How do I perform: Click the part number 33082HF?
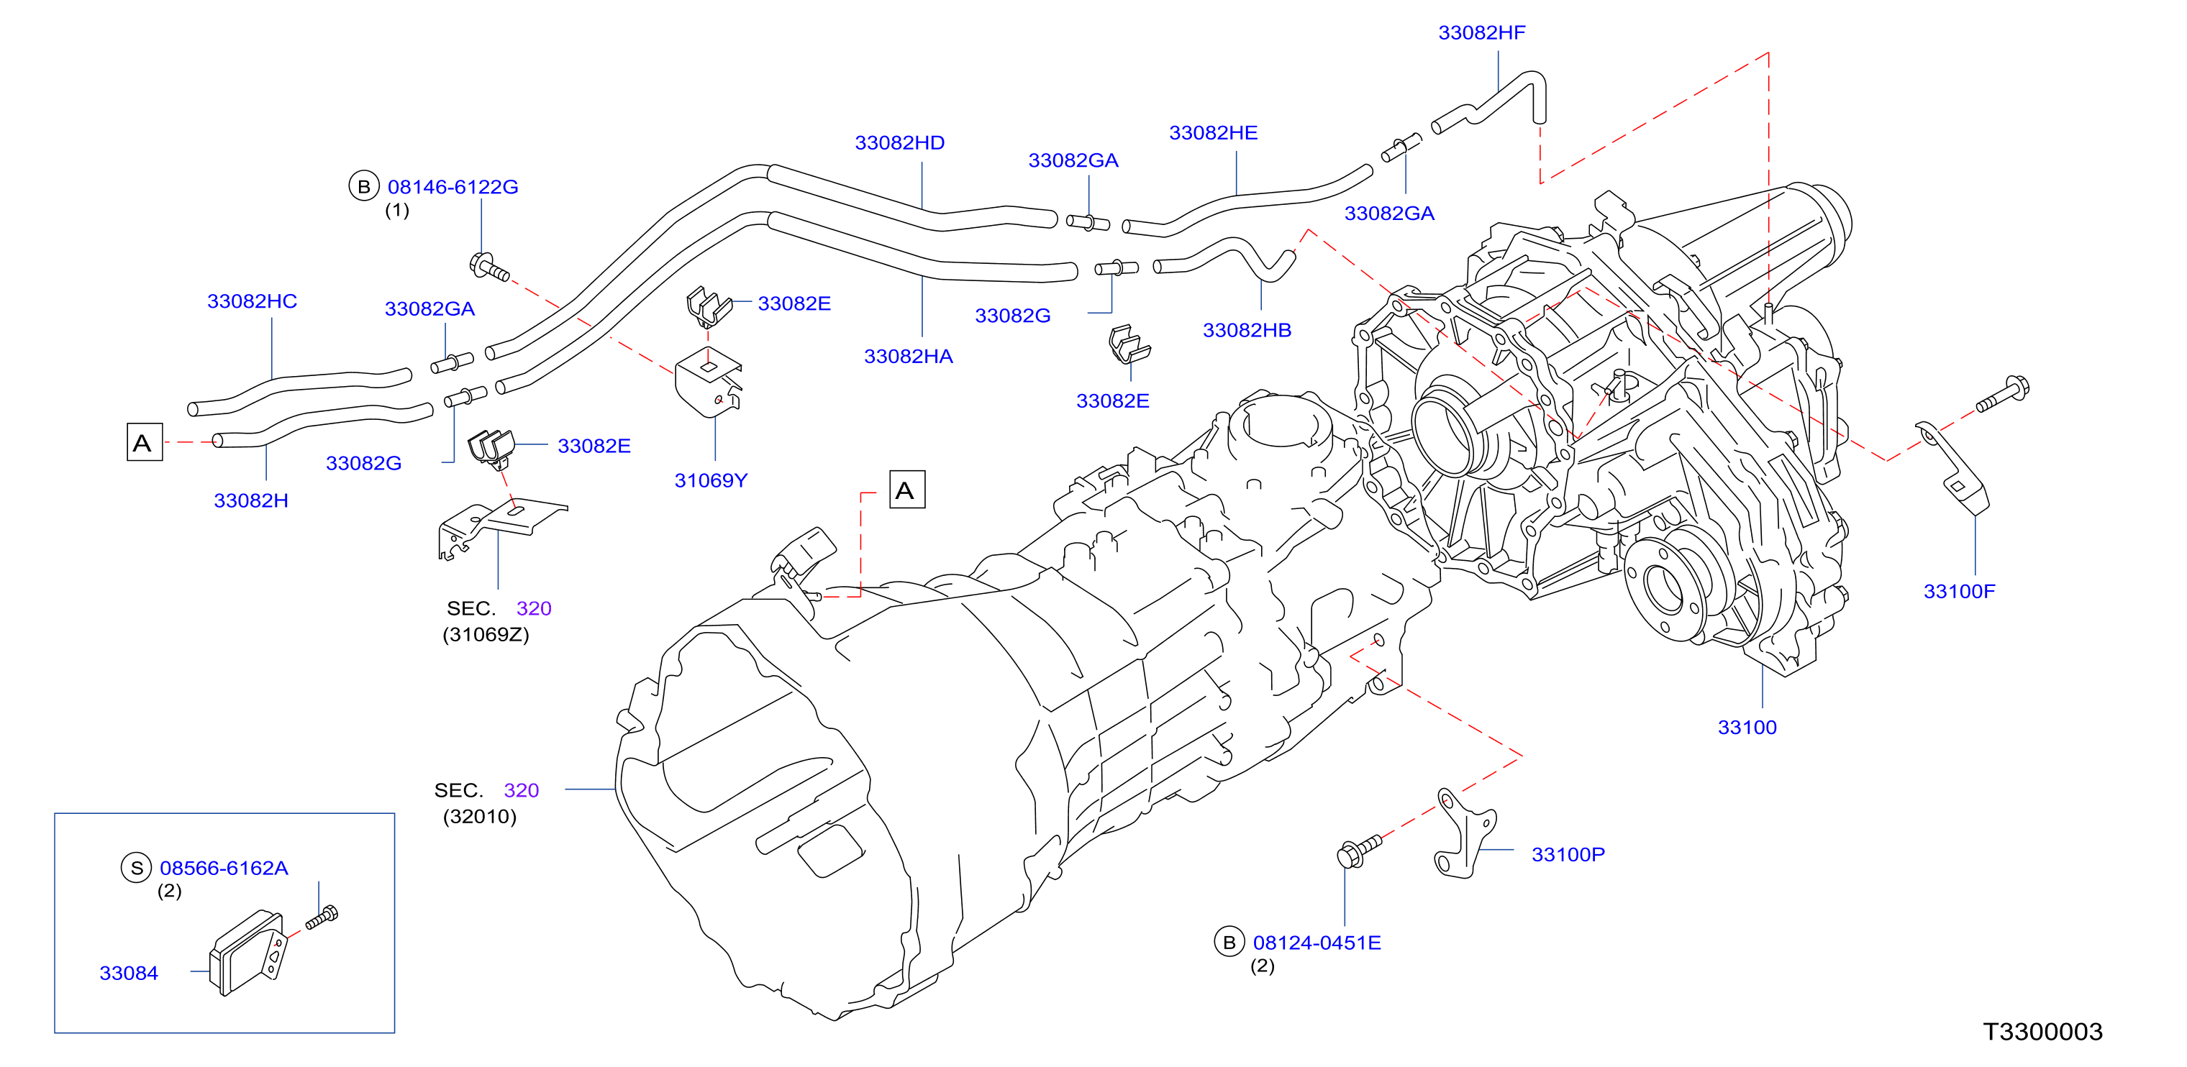point(1481,33)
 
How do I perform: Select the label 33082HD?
point(899,142)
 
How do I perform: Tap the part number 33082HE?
point(1213,133)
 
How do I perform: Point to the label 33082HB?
point(1247,330)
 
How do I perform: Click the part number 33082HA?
point(909,357)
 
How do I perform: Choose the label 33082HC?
point(252,301)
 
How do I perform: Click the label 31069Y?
point(711,480)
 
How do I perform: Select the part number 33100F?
point(1959,592)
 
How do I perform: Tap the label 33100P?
point(1568,855)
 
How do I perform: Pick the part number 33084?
point(128,974)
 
